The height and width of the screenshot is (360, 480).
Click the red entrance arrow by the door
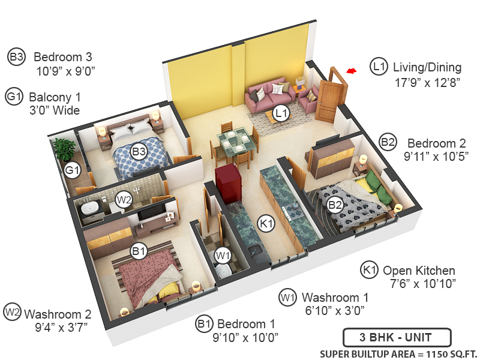pos(351,71)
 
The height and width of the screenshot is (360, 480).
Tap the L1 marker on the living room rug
pos(280,112)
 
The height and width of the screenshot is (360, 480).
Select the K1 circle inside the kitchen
pos(266,223)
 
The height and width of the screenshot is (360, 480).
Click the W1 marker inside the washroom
pos(223,256)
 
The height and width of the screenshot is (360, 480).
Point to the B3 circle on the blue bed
pos(140,151)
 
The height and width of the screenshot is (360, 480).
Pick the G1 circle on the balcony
pos(73,171)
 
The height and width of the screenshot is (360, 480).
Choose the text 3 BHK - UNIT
pos(396,338)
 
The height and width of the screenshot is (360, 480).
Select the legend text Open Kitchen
pos(419,271)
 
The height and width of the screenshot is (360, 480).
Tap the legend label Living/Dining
pos(427,67)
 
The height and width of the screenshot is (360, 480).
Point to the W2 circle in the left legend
pos(13,312)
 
